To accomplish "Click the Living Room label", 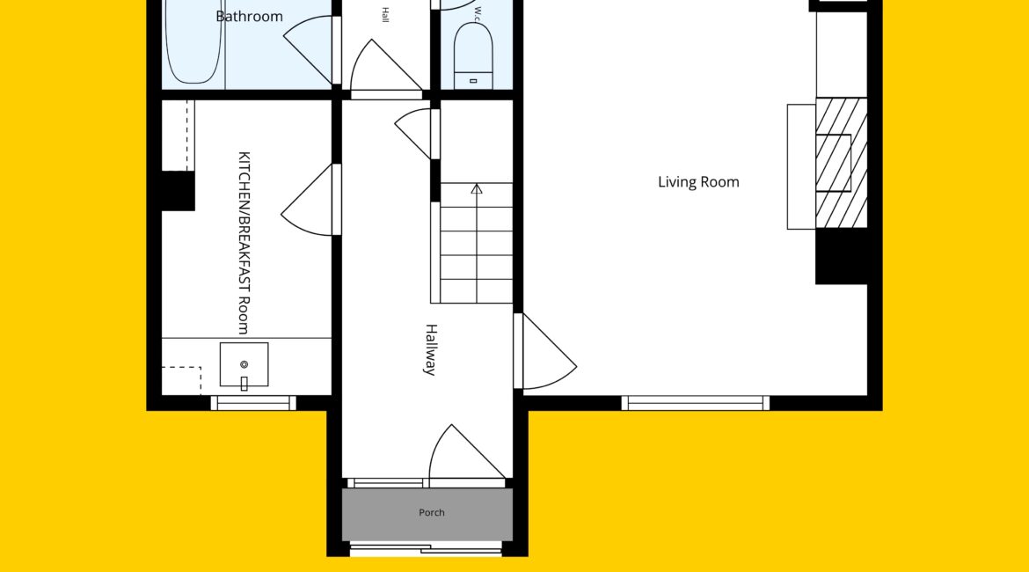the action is (x=698, y=182).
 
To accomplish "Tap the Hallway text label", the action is (x=430, y=349).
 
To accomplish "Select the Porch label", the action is (x=432, y=512).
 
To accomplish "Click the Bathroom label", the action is (x=250, y=17).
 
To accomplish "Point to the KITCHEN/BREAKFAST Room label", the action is (x=244, y=243).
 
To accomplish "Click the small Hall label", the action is (x=385, y=15).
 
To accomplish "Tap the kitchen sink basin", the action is (x=244, y=364).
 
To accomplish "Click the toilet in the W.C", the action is (x=473, y=55).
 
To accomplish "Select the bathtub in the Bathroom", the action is (x=193, y=40).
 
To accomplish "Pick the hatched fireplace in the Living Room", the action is (x=842, y=163).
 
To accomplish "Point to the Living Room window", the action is (x=696, y=403).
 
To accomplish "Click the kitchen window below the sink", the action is (x=253, y=403).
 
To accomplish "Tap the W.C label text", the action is (x=478, y=14).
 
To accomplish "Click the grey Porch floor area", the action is (x=427, y=514).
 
